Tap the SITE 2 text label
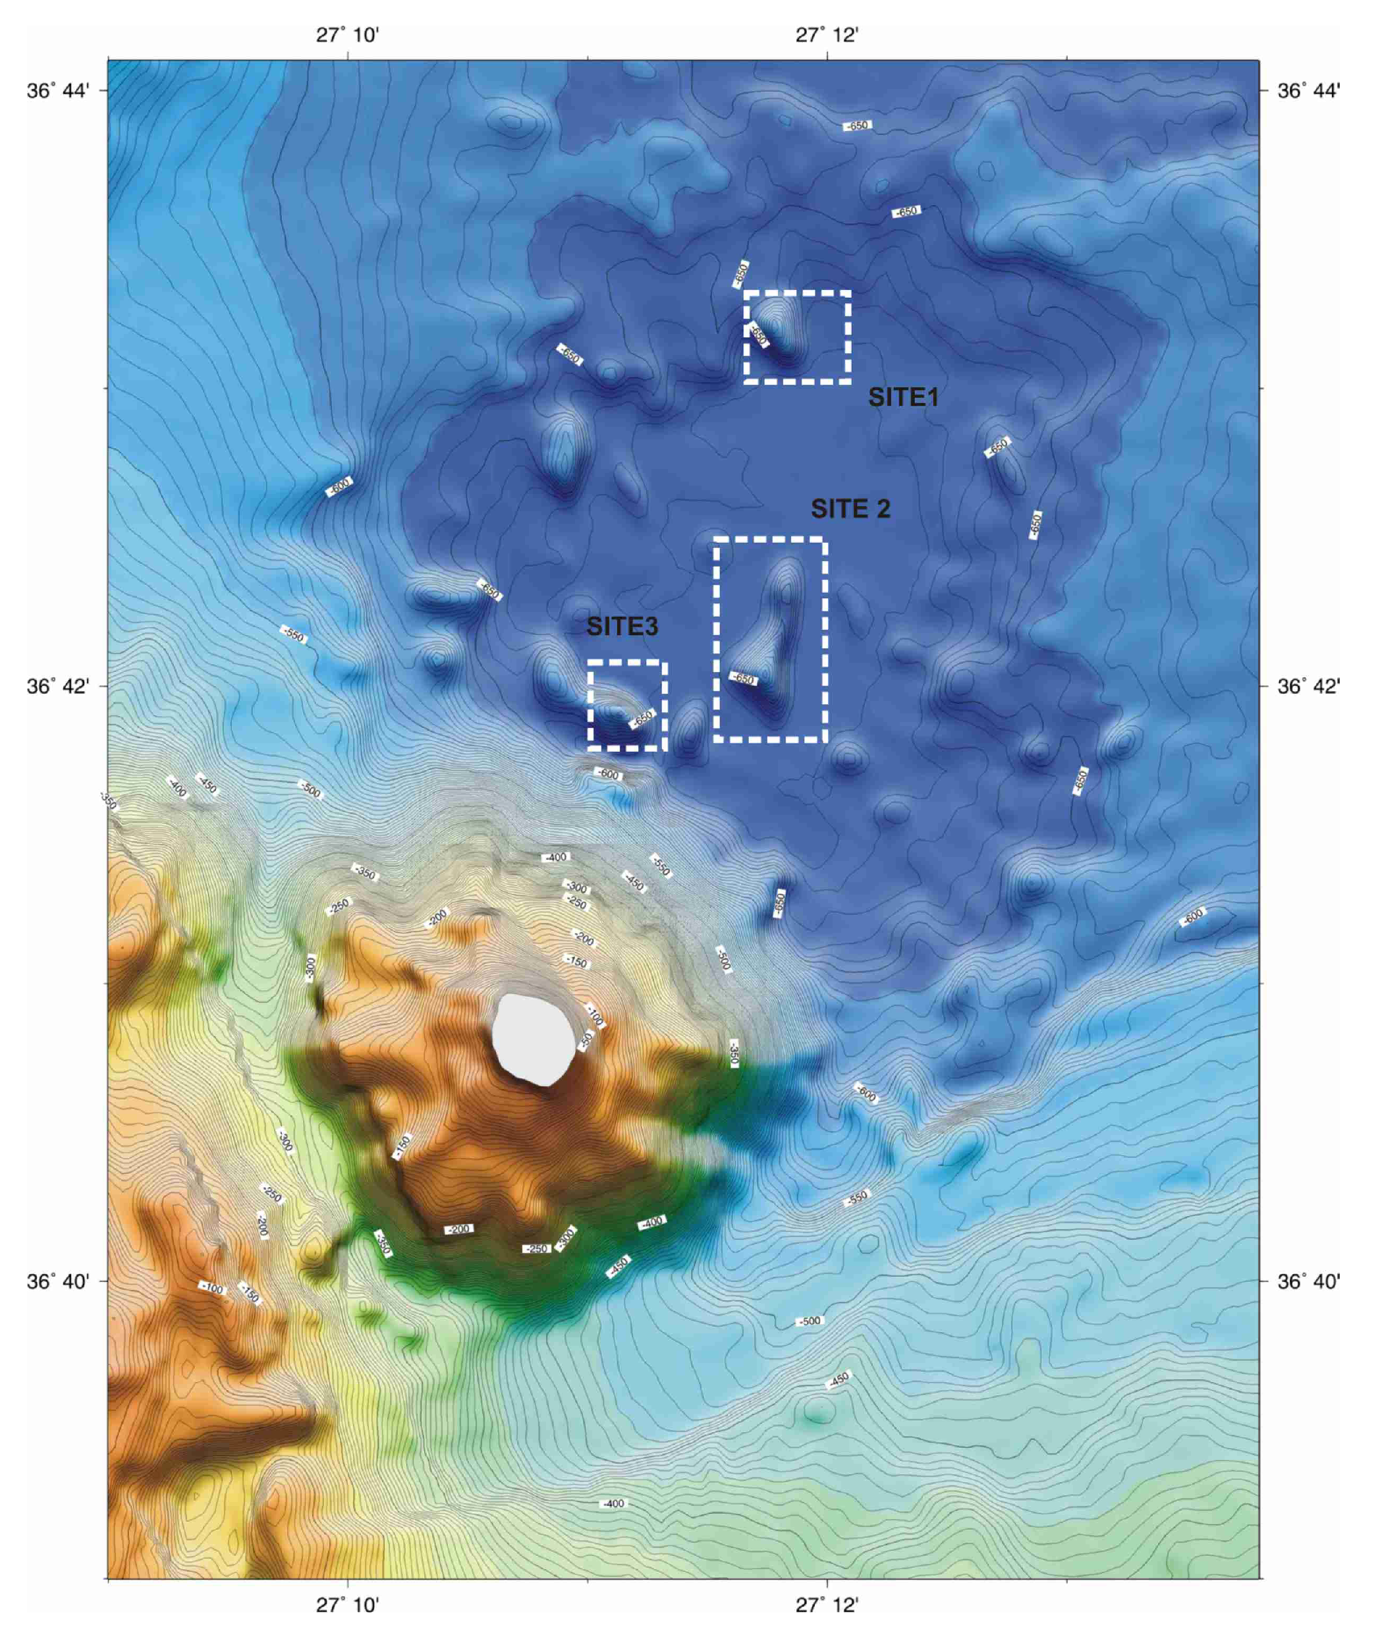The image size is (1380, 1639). click(x=850, y=509)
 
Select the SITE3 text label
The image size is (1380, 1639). click(x=622, y=626)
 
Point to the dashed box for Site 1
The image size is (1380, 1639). click(x=797, y=292)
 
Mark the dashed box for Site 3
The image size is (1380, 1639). click(x=626, y=663)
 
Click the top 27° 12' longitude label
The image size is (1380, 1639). click(x=828, y=34)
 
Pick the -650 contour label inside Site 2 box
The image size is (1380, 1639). click(x=743, y=679)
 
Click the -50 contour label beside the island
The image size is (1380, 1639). click(x=586, y=1039)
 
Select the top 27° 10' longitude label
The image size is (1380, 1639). click(x=348, y=34)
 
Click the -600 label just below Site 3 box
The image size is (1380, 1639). click(x=609, y=775)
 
